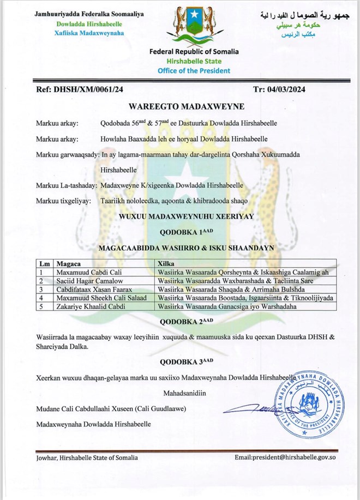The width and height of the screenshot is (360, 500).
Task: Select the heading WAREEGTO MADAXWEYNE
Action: (179, 107)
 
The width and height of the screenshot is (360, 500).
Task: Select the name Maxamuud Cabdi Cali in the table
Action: (87, 271)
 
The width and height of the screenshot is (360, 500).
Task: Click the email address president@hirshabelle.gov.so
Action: (285, 457)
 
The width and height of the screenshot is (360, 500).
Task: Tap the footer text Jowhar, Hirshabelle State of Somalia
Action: (87, 457)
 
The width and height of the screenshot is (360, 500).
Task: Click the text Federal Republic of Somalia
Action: (194, 52)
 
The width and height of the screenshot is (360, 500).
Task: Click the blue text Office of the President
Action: (194, 70)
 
